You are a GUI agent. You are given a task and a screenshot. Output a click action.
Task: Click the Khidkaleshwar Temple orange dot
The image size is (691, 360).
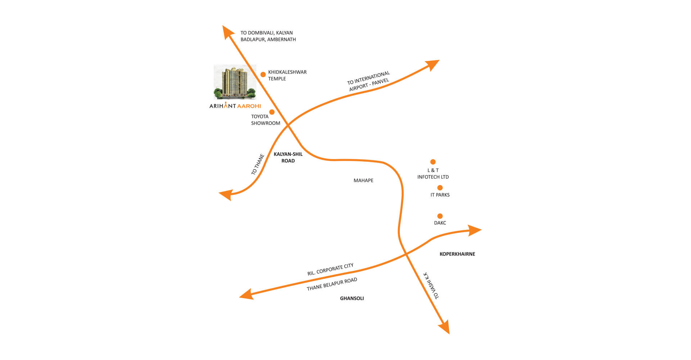point(263,75)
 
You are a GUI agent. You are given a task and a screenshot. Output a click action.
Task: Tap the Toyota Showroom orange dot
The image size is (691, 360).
point(272,112)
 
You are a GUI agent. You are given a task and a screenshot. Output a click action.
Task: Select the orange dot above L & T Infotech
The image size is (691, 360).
point(433,162)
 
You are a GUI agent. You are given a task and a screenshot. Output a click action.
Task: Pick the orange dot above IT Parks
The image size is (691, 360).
point(440,188)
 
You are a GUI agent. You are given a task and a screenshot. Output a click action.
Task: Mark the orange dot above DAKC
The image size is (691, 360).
point(440,216)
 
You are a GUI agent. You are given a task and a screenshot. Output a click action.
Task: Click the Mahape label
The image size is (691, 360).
point(363,180)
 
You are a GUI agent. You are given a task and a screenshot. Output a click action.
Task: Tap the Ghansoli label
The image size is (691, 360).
point(352,298)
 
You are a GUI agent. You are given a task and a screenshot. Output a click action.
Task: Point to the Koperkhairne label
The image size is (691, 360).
point(457,254)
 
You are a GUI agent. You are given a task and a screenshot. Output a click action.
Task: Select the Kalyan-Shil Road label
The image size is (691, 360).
point(288,157)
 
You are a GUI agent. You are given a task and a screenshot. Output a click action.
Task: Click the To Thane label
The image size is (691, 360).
point(258,165)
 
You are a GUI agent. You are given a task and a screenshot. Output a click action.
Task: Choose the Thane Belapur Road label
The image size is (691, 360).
point(332,284)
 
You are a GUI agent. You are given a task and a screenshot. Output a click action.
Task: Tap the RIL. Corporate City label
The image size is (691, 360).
point(330,269)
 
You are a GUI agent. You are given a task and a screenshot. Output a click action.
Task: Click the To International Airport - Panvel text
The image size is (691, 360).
point(369,81)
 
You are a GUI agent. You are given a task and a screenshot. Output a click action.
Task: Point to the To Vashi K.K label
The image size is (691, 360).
point(431,285)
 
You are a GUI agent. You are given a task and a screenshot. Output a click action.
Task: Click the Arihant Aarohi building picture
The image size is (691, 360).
point(235,82)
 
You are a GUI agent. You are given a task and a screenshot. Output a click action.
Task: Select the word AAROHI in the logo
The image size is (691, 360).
point(249,106)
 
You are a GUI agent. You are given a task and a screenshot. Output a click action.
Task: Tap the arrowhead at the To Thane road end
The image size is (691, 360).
point(225,195)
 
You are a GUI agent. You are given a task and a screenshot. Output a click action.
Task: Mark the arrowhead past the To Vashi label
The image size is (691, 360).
point(445,328)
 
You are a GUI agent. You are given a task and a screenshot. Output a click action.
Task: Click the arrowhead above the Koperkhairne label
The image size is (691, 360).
point(475,230)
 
